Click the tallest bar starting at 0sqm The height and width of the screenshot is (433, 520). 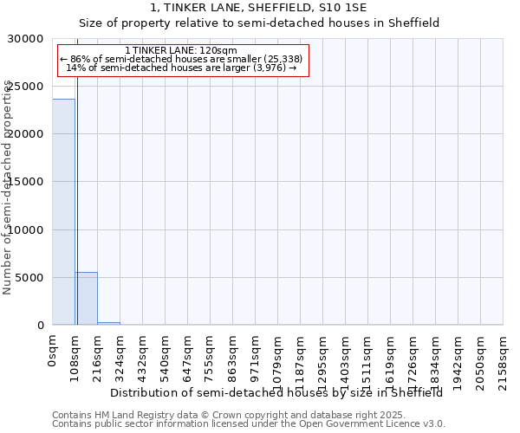tap(63, 212)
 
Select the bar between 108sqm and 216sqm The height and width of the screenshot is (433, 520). tap(86, 299)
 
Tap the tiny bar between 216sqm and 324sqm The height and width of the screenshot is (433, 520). tap(108, 323)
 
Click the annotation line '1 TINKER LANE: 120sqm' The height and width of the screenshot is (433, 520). tap(180, 51)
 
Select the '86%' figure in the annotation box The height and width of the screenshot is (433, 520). tap(80, 59)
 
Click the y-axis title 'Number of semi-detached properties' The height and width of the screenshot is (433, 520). tap(8, 187)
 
